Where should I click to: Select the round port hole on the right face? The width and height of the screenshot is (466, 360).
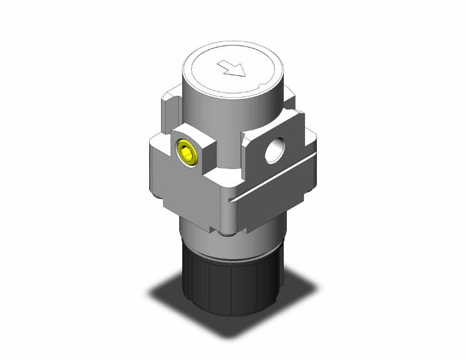273,151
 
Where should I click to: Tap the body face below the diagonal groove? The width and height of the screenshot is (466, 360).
276,203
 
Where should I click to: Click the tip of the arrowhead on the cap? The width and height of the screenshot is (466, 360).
244,76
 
